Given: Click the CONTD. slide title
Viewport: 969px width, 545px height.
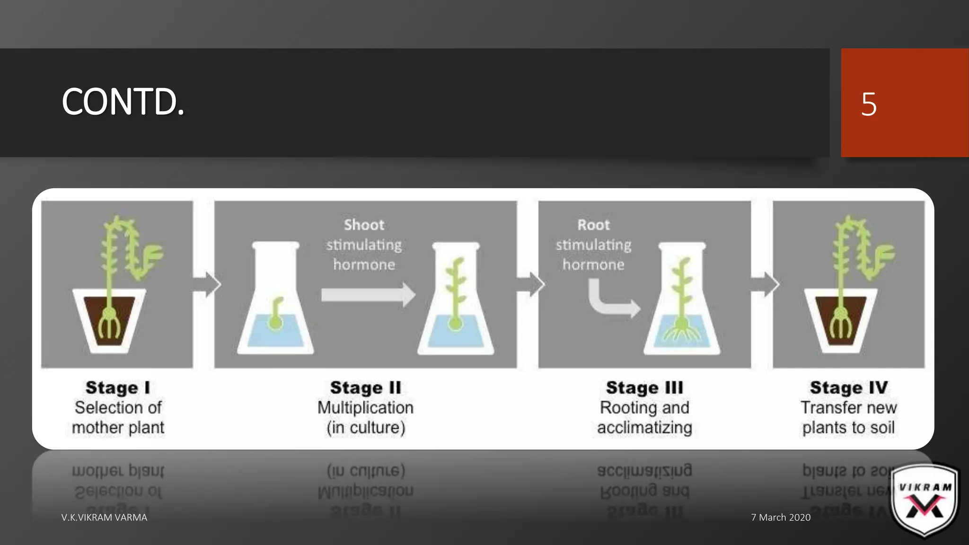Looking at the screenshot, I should coord(123,102).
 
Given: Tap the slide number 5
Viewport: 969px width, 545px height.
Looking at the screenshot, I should coord(869,104).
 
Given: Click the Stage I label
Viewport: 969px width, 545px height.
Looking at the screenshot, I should coord(118,387).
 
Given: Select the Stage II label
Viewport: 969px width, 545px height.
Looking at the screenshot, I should coord(365,387).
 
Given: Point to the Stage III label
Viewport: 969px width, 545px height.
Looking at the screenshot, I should coord(644,387).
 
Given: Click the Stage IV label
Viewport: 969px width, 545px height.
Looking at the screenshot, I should coord(848,387).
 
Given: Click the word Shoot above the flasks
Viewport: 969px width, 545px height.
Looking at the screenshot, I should coord(364,225).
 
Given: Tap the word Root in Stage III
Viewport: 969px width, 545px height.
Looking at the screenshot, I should coord(593,225).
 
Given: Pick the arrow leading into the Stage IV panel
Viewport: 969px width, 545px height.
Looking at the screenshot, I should coord(765,284).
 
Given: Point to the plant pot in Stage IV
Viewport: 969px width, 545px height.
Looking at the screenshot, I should coord(840,322).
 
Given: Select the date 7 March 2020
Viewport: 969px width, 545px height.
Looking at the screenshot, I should coord(781,517).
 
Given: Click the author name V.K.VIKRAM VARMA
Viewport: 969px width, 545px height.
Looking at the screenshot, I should coord(104,517).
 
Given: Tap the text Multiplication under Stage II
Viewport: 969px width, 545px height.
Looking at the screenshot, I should coord(365,407).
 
